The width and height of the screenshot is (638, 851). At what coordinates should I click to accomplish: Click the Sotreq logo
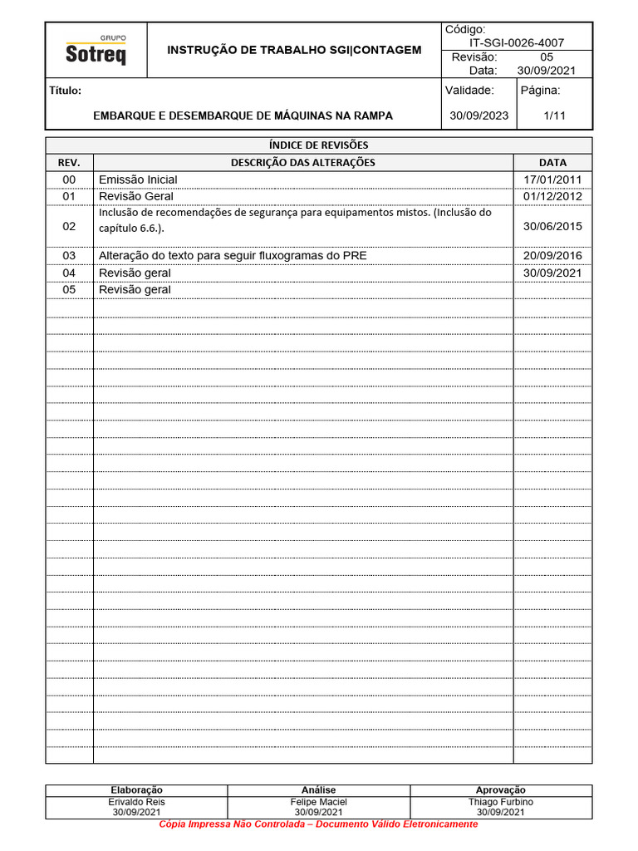pyautogui.click(x=96, y=52)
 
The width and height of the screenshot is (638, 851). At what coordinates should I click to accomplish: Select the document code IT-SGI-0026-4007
pyautogui.click(x=516, y=42)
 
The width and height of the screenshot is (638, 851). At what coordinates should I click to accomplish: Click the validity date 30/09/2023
pyautogui.click(x=478, y=116)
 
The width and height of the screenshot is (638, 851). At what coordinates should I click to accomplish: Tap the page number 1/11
pyautogui.click(x=554, y=116)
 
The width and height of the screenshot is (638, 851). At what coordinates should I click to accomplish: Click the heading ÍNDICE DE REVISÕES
pyautogui.click(x=319, y=145)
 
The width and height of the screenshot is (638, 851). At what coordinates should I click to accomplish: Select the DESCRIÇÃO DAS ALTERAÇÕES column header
pyautogui.click(x=303, y=162)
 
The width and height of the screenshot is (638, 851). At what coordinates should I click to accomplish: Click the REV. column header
pyautogui.click(x=69, y=162)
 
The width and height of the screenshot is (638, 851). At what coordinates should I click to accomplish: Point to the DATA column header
pyautogui.click(x=552, y=162)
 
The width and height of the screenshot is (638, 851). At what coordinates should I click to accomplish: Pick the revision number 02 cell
pyautogui.click(x=69, y=226)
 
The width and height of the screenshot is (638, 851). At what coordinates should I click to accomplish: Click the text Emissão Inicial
pyautogui.click(x=138, y=180)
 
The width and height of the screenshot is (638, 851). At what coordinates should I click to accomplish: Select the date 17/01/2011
pyautogui.click(x=552, y=180)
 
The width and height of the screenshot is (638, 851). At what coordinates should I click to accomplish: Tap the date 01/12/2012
pyautogui.click(x=552, y=196)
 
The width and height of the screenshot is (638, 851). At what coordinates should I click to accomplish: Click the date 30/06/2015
pyautogui.click(x=552, y=226)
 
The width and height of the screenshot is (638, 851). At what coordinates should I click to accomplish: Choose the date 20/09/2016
pyautogui.click(x=552, y=256)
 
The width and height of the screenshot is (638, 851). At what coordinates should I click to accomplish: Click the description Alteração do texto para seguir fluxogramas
pyautogui.click(x=233, y=256)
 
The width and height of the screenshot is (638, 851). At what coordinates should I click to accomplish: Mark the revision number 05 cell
pyautogui.click(x=69, y=289)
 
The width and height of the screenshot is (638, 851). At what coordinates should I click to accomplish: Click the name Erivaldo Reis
pyautogui.click(x=137, y=802)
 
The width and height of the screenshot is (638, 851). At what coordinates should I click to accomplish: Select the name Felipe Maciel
pyautogui.click(x=319, y=802)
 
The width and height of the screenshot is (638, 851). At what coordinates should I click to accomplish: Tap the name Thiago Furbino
pyautogui.click(x=501, y=802)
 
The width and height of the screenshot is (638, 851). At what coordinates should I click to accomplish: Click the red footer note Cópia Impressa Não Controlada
pyautogui.click(x=319, y=824)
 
